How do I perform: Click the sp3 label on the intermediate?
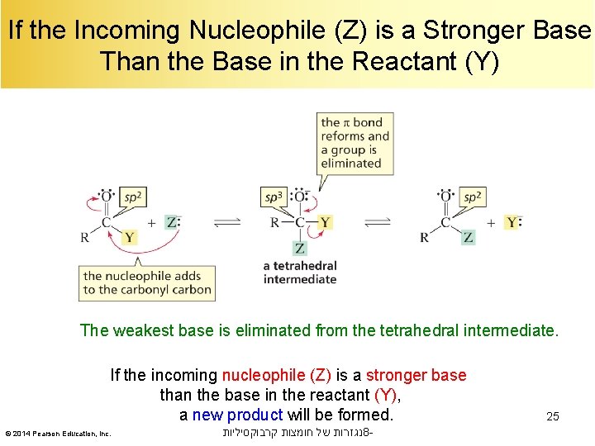tap(273, 197)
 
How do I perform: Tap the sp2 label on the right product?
tap(472, 197)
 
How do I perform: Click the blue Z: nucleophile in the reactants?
tap(172, 222)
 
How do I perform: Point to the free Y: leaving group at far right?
tap(513, 222)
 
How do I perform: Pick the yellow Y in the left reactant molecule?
tap(129, 238)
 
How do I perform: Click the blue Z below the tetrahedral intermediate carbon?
tap(299, 248)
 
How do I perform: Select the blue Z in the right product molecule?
tap(469, 238)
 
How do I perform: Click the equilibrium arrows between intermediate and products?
tap(378, 222)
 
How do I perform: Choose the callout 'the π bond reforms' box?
tap(355, 143)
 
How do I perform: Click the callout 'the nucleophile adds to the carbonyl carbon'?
tap(148, 282)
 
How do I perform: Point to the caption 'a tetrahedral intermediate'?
tap(300, 273)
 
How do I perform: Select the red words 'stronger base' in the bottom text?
tap(416, 376)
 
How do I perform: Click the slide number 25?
tap(552, 416)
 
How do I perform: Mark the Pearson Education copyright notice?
tap(58, 434)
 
